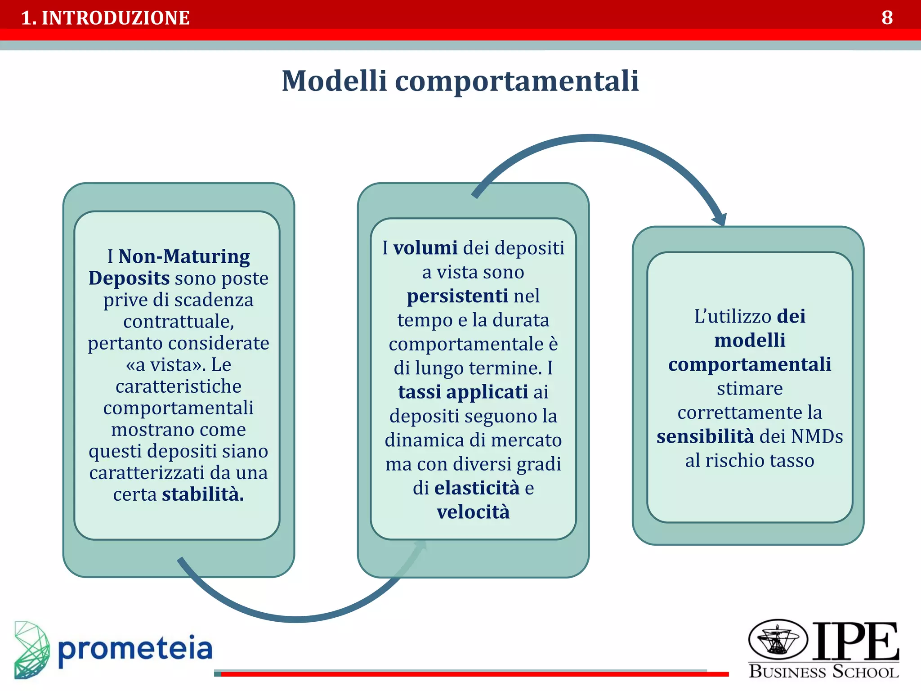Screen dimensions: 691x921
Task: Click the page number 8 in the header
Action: point(887,18)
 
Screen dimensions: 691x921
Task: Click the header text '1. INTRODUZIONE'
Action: point(105,18)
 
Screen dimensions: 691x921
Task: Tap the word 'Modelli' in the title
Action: point(334,81)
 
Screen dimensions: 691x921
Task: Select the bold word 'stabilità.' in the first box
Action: point(203,494)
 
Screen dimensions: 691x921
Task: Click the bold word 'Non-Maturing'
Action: point(184,256)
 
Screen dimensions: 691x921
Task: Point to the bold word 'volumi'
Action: point(425,248)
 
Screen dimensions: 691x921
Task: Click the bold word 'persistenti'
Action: point(457,296)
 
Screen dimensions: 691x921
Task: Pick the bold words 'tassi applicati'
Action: point(463,392)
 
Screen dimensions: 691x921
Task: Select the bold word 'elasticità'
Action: point(477,488)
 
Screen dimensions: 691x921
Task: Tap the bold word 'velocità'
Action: point(473,512)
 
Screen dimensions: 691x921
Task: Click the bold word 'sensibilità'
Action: point(705,436)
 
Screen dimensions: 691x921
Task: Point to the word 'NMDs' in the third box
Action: point(817,436)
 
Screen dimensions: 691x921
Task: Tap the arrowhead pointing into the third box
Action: point(720,220)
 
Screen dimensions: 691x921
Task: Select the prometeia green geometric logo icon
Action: point(31,650)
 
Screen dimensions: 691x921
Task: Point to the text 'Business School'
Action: point(823,672)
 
